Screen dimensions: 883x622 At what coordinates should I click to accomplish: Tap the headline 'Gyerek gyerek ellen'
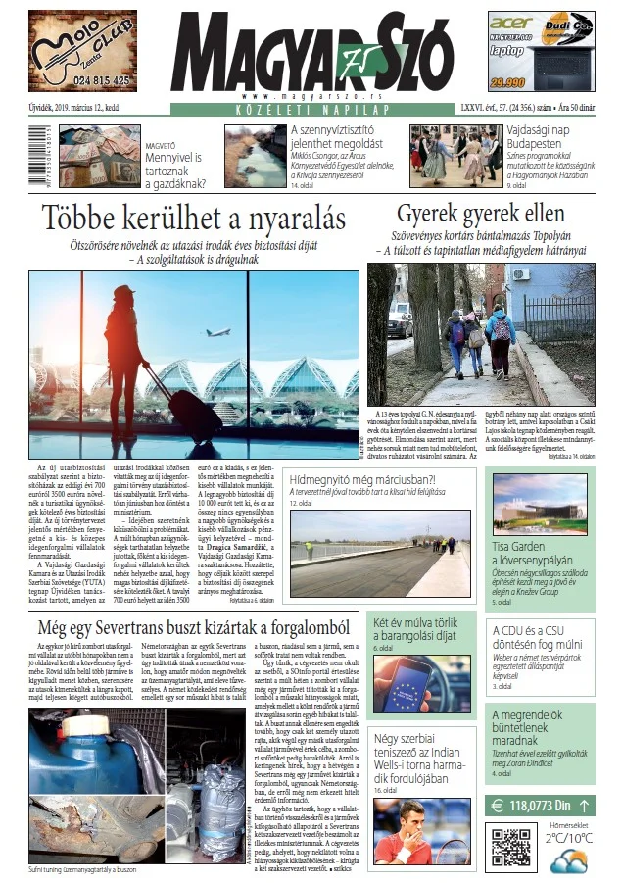(x=480, y=215)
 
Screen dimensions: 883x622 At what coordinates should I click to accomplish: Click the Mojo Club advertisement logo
(x=82, y=50)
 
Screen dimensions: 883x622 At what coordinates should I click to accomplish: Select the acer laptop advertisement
(x=541, y=51)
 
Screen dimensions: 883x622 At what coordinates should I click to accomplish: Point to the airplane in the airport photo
(x=217, y=331)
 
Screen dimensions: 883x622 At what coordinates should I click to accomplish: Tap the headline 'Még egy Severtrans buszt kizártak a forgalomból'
(x=195, y=627)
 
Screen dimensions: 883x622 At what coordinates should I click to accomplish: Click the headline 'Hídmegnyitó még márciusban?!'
(x=363, y=480)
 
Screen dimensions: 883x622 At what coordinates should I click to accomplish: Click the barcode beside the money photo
(x=24, y=159)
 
